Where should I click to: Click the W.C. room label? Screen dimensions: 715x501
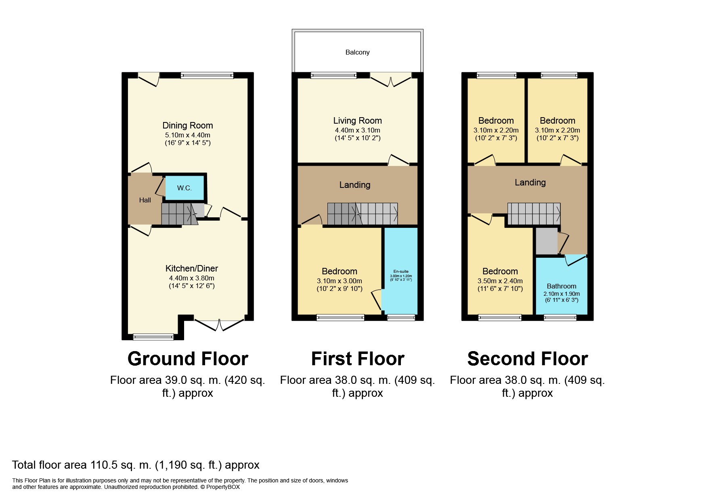[184, 188]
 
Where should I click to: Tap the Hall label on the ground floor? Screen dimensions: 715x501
[145, 200]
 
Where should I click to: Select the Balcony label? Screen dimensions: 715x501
[357, 52]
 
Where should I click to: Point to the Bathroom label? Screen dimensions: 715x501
[561, 286]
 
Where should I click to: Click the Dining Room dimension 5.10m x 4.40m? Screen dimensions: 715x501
[187, 135]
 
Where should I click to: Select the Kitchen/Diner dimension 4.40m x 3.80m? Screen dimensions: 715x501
[191, 278]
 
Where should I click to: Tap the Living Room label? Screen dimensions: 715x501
[357, 120]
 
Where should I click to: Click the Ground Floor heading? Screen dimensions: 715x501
[188, 358]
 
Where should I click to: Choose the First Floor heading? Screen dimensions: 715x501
[357, 358]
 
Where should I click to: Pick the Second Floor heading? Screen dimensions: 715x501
[527, 358]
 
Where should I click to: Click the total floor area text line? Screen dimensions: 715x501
[136, 465]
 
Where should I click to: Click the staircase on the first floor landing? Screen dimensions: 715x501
[363, 214]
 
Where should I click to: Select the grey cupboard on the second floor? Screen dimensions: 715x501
[547, 241]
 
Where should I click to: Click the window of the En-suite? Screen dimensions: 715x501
[401, 318]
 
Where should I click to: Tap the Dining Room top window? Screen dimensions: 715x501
[207, 75]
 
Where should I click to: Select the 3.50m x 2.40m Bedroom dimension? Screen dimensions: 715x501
[500, 281]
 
